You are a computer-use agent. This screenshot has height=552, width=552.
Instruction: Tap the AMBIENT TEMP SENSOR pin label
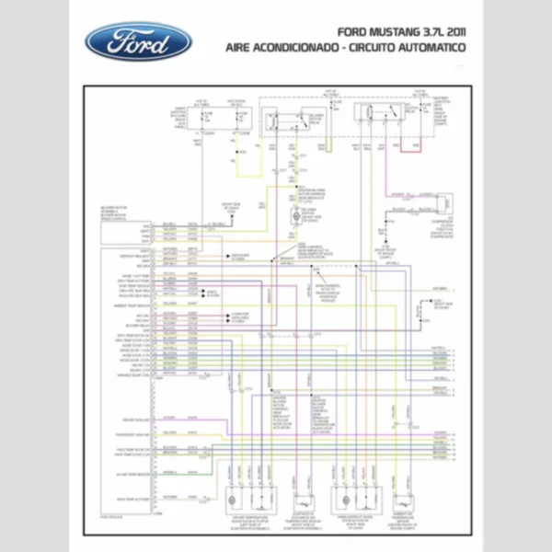pos(132,305)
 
